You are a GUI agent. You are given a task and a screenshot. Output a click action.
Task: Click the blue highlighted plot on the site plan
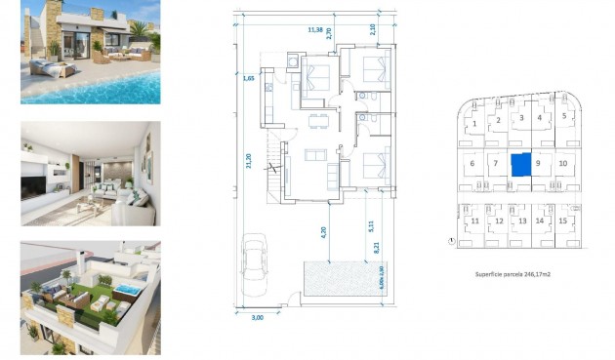click(520, 164)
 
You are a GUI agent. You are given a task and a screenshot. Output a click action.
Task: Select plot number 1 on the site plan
click(474, 124)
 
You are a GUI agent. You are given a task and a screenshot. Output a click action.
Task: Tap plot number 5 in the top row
click(564, 116)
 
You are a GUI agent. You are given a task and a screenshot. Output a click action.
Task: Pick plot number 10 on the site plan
click(563, 163)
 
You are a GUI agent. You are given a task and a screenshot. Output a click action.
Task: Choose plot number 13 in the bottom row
click(522, 221)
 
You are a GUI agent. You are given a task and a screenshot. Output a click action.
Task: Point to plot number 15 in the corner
click(563, 221)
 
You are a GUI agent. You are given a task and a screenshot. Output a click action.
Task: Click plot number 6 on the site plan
click(472, 163)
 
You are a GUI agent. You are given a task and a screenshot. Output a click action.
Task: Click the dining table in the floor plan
click(314, 122)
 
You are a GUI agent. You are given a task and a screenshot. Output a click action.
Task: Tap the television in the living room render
click(32, 180)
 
